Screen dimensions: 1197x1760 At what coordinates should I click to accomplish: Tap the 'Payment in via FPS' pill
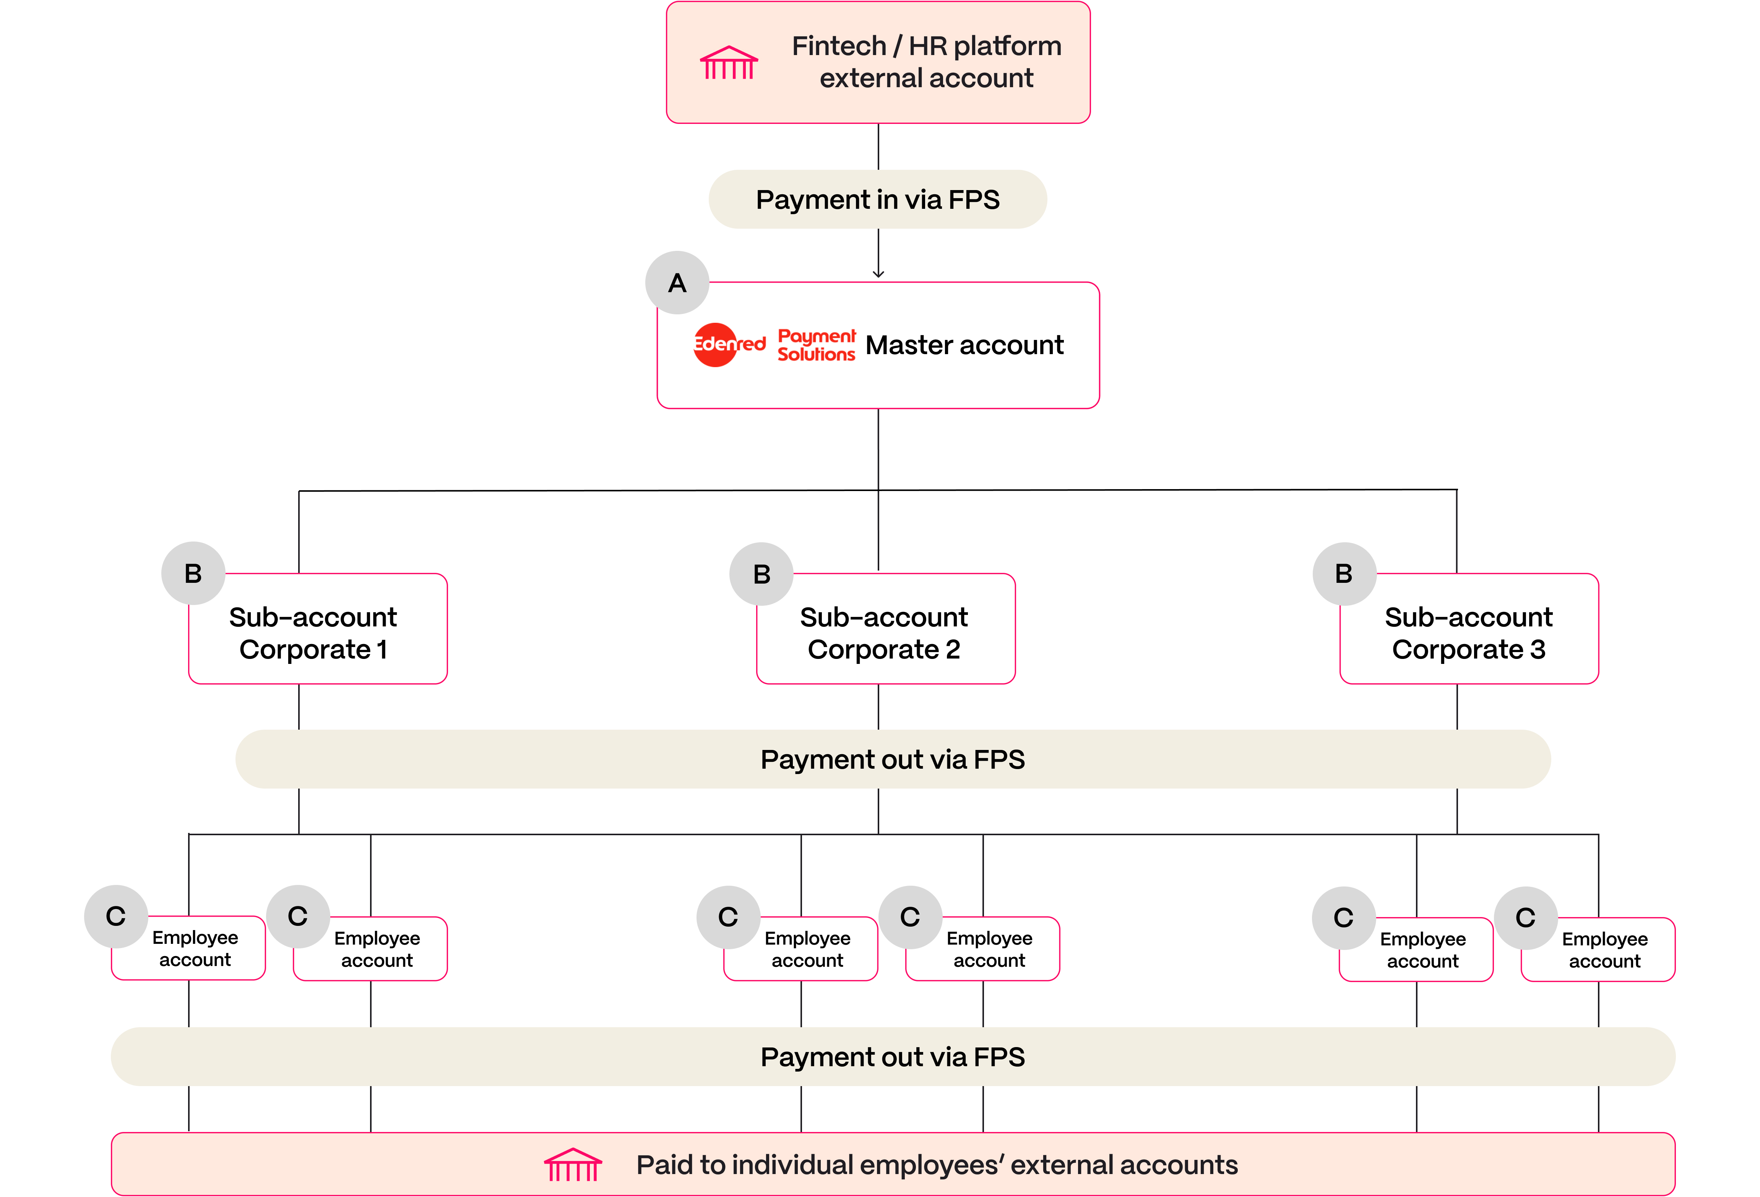click(878, 199)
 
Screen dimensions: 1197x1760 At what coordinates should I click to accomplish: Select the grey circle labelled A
click(677, 283)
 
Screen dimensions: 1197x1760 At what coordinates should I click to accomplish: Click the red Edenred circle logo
click(715, 345)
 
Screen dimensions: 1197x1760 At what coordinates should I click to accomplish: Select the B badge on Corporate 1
click(193, 574)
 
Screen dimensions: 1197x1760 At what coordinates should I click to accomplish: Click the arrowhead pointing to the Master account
click(878, 274)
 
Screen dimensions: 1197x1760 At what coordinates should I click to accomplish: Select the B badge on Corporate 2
click(762, 574)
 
